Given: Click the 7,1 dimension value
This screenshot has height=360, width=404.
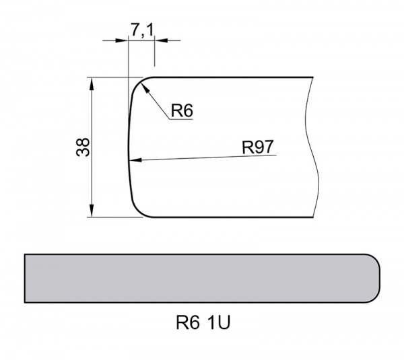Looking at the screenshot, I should (x=141, y=30).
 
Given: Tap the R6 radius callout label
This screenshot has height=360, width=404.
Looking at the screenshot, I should (x=181, y=110).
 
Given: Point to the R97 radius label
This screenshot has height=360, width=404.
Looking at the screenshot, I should (x=258, y=147).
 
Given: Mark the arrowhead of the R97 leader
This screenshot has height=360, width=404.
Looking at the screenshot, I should (x=133, y=161).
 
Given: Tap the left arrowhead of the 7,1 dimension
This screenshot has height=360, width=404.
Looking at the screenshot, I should (x=123, y=40).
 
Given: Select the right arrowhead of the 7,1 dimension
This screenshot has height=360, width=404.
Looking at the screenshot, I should (x=160, y=40).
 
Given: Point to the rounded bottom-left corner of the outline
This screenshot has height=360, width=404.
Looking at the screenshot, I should (x=137, y=211).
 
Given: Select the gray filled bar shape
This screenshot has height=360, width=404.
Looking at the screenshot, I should (x=202, y=278).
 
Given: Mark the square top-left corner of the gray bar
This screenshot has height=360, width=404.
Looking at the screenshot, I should (x=25, y=255).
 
